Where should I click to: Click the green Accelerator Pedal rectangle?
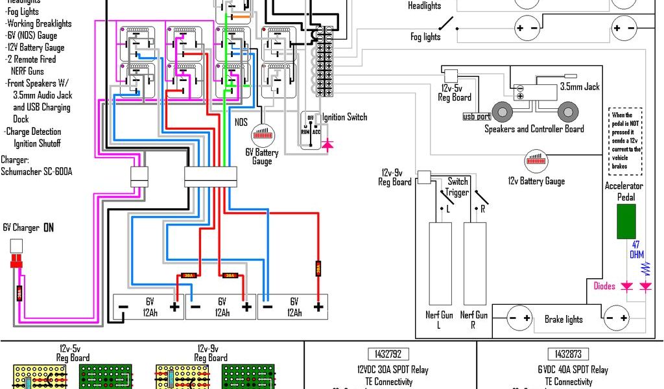(x=626, y=221)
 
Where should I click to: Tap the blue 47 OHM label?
(x=636, y=250)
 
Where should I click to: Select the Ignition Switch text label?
(x=344, y=117)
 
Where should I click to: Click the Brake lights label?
(x=563, y=319)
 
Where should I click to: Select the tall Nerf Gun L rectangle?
(x=440, y=264)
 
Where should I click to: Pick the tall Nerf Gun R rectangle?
(x=475, y=264)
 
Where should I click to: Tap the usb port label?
(x=477, y=117)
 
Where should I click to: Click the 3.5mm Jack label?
(x=580, y=87)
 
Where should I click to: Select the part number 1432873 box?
(x=568, y=354)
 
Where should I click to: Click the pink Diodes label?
(x=604, y=286)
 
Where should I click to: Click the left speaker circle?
(x=502, y=112)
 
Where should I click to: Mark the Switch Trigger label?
(x=457, y=187)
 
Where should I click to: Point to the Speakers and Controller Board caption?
(x=534, y=128)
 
